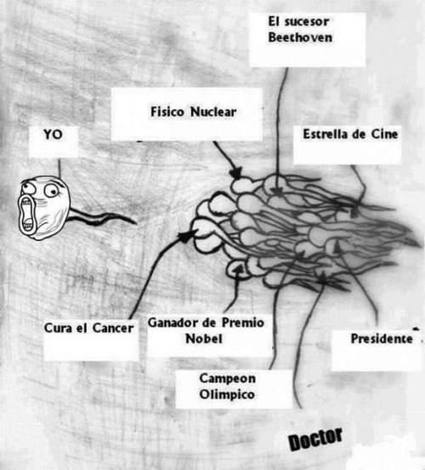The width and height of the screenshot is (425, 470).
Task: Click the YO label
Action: tap(54, 135)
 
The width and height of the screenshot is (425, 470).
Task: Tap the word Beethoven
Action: tap(300, 38)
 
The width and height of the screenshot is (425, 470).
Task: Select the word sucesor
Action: tap(307, 22)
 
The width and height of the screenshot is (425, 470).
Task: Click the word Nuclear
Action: tap(213, 112)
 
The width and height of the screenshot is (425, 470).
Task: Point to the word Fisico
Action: tap(167, 112)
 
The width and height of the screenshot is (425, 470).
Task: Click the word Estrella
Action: tap(325, 134)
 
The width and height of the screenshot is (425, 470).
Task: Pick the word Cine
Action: tap(385, 134)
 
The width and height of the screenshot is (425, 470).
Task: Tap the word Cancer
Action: tap(113, 328)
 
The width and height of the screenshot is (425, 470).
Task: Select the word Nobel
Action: tap(204, 339)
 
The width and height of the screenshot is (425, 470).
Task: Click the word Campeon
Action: tap(227, 378)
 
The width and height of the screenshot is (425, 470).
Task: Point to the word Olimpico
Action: tap(227, 394)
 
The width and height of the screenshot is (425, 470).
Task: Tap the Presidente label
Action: tap(382, 339)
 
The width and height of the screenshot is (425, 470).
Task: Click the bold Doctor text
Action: tap(315, 439)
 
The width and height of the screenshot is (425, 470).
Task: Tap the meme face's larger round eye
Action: tap(51, 191)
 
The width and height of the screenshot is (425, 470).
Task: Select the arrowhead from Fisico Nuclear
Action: tap(236, 173)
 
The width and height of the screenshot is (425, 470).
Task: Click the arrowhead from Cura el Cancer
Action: tap(188, 235)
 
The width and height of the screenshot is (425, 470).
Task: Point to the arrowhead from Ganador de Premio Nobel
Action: tap(238, 270)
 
